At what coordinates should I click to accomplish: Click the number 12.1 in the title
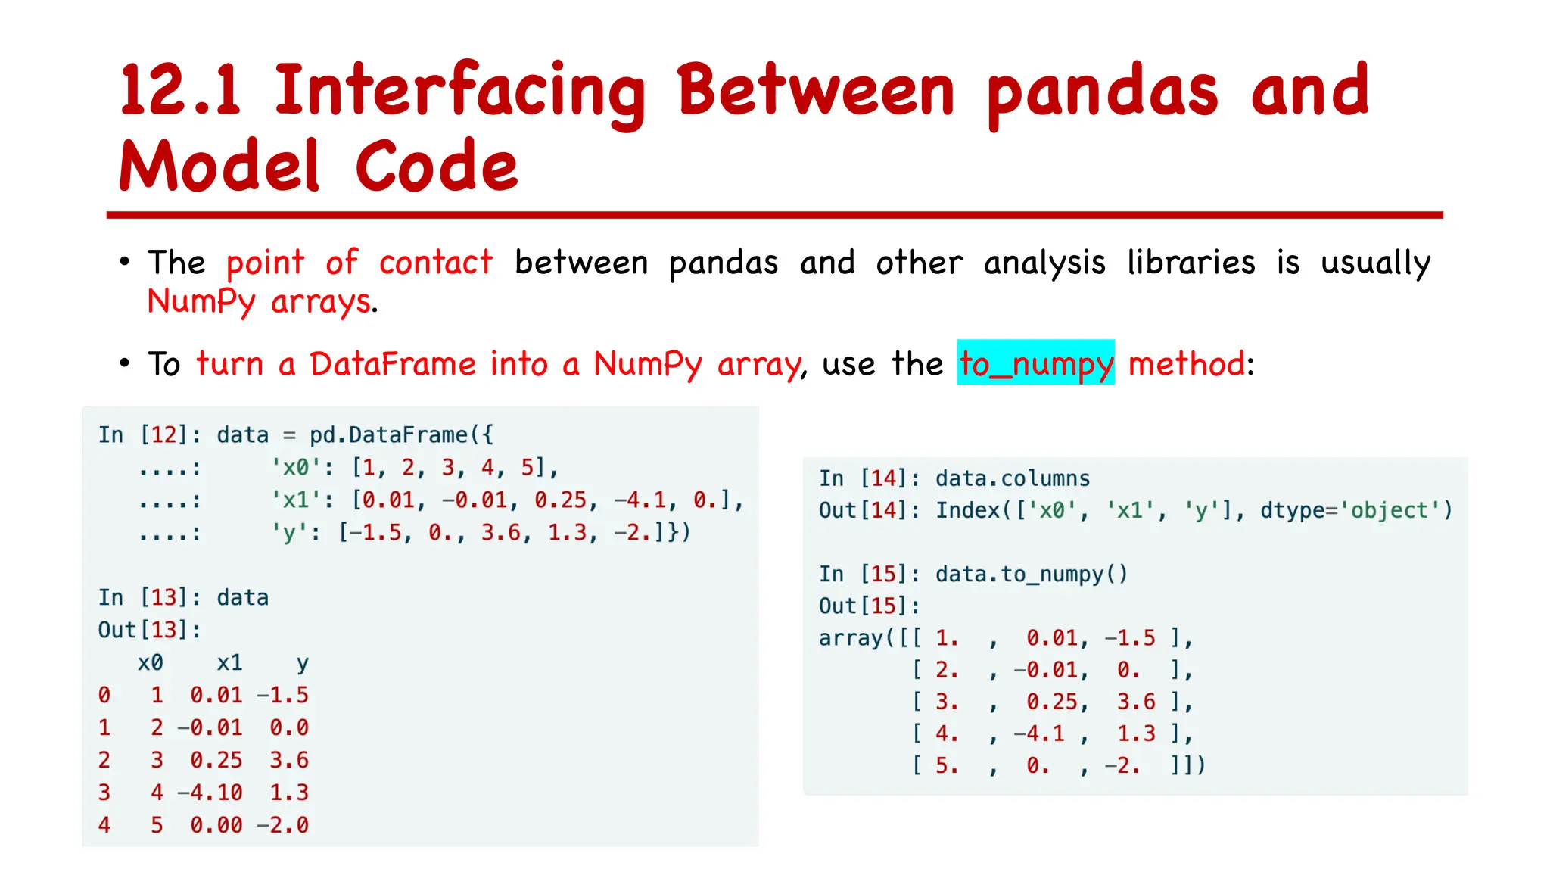[x=180, y=91]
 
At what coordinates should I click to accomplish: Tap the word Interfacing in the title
[x=459, y=92]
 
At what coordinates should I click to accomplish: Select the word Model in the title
[x=219, y=167]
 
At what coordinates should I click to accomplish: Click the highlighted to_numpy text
[x=1035, y=363]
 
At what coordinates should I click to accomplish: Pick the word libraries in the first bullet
[x=1191, y=263]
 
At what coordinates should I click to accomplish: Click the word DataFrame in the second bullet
[x=393, y=364]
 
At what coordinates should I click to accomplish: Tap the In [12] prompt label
[x=149, y=435]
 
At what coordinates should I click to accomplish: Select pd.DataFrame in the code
[x=388, y=435]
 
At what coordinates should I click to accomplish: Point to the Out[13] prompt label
[x=149, y=630]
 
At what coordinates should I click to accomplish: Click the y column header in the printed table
[x=302, y=663]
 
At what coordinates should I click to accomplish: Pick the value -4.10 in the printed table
[x=210, y=793]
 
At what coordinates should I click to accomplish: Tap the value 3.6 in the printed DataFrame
[x=289, y=760]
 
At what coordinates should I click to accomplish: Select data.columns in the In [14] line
[x=1012, y=478]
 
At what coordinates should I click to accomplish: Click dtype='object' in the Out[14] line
[x=1355, y=511]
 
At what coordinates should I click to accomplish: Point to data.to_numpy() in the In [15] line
[x=1031, y=575]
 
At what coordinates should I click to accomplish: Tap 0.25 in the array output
[x=1056, y=702]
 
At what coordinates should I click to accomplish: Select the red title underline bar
[x=774, y=215]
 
